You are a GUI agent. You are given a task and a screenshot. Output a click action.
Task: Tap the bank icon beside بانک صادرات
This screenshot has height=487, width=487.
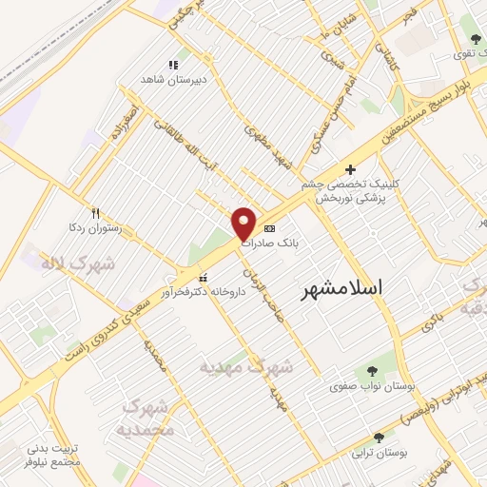point(269,228)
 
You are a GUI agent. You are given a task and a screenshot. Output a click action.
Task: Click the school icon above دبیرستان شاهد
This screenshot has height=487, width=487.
point(172,65)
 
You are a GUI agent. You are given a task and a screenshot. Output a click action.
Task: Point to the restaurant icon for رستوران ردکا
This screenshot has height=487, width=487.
point(95,213)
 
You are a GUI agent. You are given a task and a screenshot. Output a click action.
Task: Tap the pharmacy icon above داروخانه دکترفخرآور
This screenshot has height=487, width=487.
point(175,277)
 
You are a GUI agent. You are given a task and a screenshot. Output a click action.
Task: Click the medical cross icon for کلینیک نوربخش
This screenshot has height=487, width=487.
point(350,168)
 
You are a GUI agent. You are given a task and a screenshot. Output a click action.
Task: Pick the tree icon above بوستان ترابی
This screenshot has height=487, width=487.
point(380,438)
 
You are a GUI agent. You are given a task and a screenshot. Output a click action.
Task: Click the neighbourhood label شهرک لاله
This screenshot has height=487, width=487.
point(77,263)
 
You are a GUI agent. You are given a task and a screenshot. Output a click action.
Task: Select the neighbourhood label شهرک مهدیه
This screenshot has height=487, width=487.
point(246,365)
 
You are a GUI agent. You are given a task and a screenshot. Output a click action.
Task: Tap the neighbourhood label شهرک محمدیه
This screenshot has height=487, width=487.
point(148,418)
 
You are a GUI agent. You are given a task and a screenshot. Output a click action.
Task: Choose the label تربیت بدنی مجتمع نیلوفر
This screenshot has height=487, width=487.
point(56,454)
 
